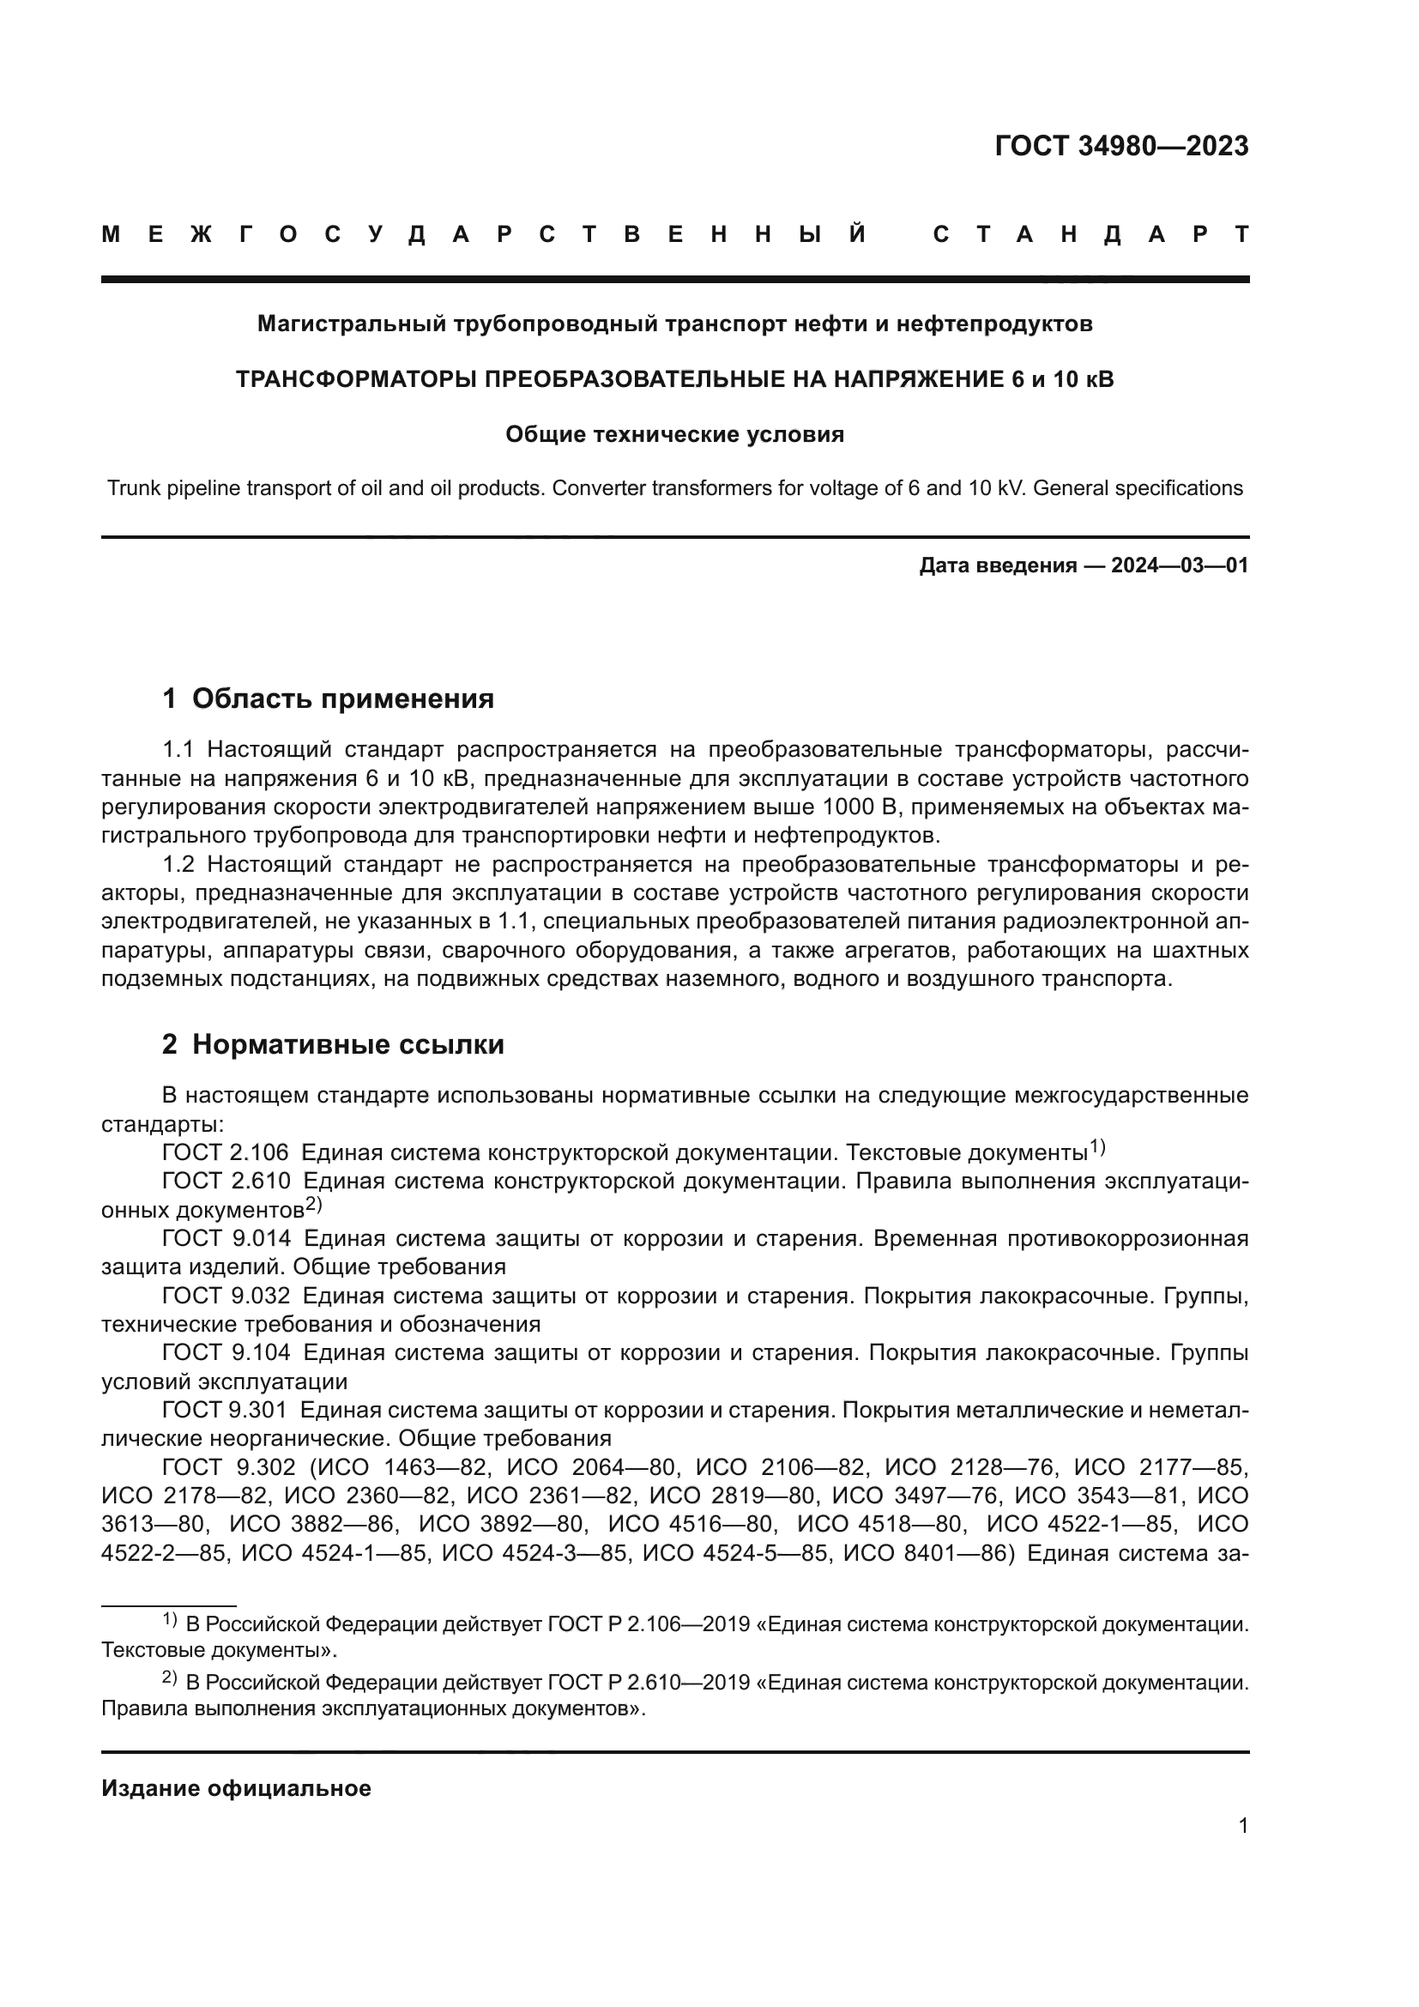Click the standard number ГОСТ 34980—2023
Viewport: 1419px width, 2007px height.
click(x=1121, y=146)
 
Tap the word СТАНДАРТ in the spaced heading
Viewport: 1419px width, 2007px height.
click(x=1090, y=234)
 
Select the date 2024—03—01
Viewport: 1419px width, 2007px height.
click(x=1180, y=565)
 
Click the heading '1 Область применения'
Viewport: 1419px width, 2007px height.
click(x=328, y=698)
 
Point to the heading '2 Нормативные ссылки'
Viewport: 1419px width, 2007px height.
click(x=333, y=1044)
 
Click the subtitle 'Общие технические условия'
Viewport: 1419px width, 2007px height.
click(x=674, y=434)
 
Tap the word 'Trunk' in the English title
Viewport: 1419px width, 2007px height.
click(x=133, y=487)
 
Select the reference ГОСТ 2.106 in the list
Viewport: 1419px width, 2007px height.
click(x=226, y=1153)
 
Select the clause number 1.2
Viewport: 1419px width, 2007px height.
click(x=183, y=865)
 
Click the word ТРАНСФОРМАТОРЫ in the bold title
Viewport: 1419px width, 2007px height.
click(x=357, y=379)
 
